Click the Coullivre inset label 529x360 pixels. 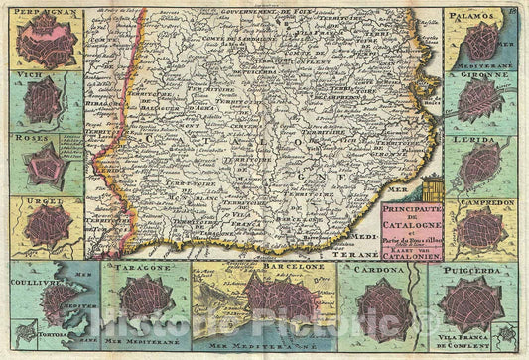click(x=36, y=279)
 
